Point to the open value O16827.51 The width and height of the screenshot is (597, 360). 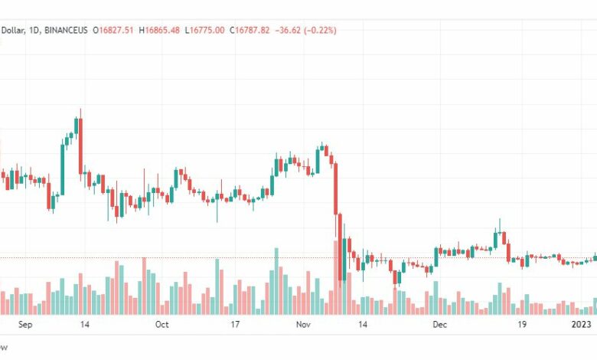113,30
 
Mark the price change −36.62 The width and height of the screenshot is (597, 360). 287,30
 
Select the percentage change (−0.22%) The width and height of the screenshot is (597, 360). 320,30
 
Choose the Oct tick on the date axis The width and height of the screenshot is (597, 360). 161,325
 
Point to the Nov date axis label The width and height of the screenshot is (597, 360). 304,325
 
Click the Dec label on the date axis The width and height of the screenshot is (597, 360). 440,325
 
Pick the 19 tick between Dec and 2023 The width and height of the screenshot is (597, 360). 521,325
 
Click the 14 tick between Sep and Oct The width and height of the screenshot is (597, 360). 84,325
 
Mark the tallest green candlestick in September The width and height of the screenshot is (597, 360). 62,169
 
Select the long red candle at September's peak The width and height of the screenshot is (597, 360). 79,146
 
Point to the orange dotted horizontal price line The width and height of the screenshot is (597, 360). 230,258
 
